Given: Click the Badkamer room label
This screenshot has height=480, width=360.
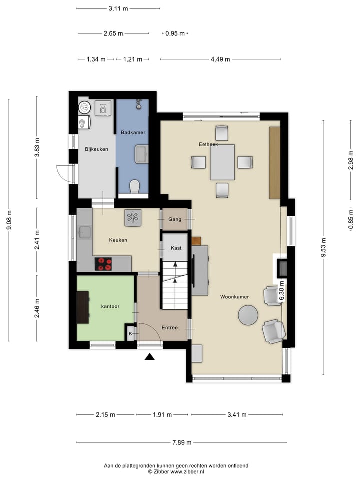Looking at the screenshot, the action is click(133, 132).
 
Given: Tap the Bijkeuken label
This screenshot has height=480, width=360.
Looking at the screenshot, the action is click(96, 149).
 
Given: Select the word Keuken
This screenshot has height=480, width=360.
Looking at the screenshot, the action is click(118, 240).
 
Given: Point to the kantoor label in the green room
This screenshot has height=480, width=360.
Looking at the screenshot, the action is click(110, 306).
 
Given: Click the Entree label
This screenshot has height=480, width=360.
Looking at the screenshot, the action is click(170, 328).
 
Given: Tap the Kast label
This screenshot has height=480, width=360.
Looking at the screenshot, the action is click(176, 248).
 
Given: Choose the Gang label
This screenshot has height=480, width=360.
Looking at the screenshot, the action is click(175, 219).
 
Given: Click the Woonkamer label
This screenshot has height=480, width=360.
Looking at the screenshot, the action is click(235, 297).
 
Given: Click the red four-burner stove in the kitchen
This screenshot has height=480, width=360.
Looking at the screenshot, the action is click(103, 264).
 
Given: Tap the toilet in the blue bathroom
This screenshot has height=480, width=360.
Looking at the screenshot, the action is click(134, 186).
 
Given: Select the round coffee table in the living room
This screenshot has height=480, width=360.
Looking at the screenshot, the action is click(248, 315).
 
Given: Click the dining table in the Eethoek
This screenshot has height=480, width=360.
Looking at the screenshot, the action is click(222, 162).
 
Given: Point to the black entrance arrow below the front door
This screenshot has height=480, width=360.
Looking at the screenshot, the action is click(149, 357).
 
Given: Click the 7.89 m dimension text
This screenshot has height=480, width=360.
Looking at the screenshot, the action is click(182, 442).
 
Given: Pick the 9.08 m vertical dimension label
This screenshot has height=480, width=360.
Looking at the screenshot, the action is click(9, 220).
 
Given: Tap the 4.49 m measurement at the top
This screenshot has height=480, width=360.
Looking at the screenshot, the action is click(220, 59).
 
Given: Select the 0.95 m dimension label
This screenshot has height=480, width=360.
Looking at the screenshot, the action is click(175, 33).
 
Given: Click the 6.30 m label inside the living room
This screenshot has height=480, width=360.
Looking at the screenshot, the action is click(282, 291).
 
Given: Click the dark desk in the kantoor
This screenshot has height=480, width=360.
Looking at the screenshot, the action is click(83, 307).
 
